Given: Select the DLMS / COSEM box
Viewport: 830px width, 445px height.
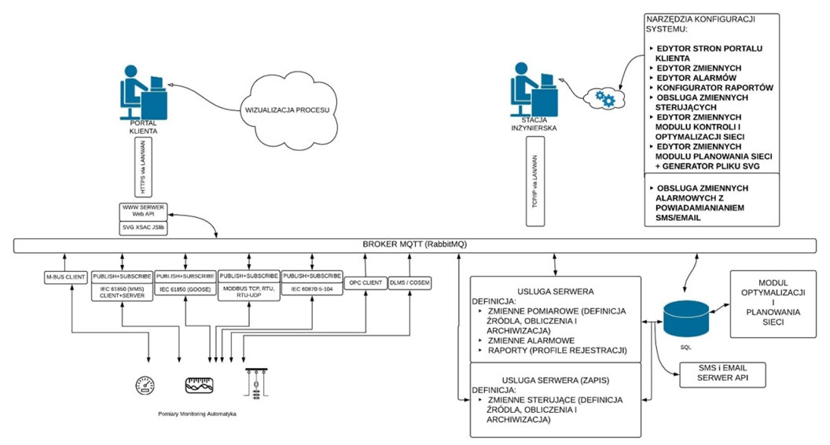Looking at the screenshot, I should [409, 281].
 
